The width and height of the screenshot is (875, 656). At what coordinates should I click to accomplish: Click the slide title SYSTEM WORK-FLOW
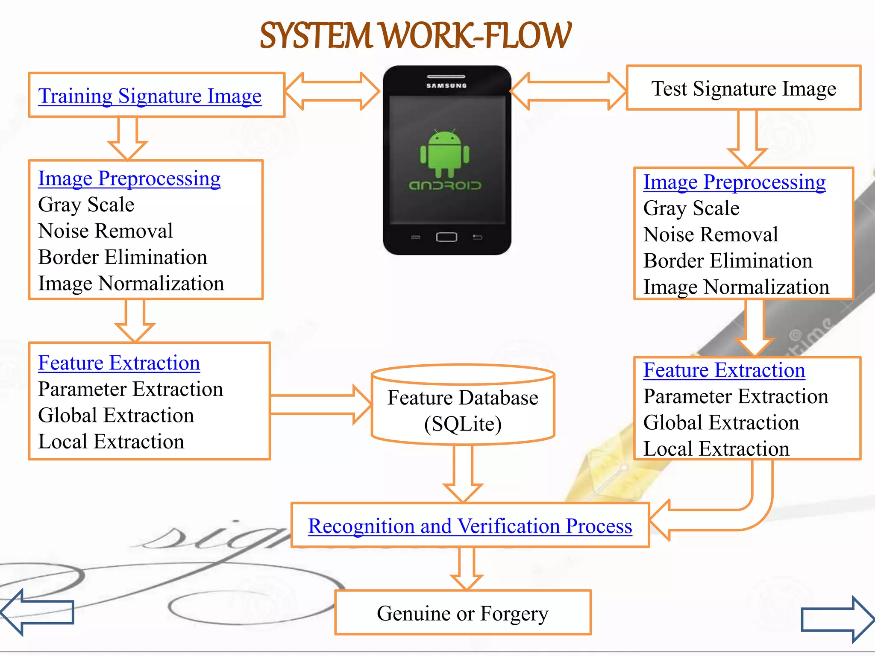point(415,36)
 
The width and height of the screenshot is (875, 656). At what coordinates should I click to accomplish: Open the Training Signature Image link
point(150,96)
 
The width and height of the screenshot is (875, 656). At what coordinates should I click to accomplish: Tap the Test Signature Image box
point(743,88)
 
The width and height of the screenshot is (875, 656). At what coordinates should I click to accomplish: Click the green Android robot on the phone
point(444,154)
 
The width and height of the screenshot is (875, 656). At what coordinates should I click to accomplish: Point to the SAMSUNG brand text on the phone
point(446,85)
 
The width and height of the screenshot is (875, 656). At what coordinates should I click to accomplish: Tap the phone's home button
point(446,237)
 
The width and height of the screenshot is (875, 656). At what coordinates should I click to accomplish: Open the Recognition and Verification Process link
point(470,526)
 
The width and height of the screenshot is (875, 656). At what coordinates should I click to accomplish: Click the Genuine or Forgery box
point(463,613)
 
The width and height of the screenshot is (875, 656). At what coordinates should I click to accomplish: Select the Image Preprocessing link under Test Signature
point(734,182)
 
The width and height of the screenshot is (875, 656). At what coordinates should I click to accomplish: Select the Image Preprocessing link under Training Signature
point(129,179)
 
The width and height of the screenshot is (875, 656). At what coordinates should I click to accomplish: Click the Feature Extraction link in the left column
point(119,363)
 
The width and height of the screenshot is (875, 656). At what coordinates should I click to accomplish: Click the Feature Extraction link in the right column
point(724,370)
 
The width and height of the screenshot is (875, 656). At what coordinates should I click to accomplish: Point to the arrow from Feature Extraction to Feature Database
point(320,404)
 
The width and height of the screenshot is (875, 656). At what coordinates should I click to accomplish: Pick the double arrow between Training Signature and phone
point(332,91)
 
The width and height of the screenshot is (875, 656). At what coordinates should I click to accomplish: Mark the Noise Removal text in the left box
point(106,231)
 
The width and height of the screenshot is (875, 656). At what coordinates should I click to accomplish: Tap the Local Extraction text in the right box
point(716,449)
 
